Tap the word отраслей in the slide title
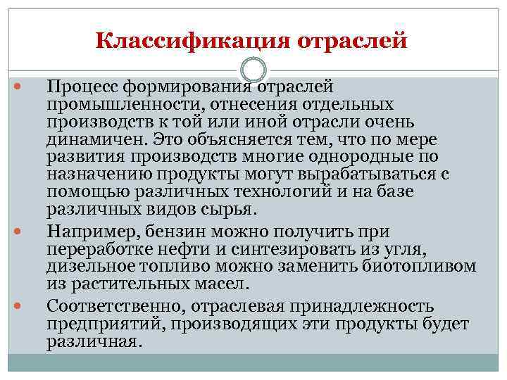tap(352, 39)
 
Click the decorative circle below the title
tap(254, 69)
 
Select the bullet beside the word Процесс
tap(18, 88)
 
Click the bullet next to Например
tap(18, 232)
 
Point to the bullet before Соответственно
tap(18, 308)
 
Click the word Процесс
tap(82, 88)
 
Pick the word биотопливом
tap(420, 267)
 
